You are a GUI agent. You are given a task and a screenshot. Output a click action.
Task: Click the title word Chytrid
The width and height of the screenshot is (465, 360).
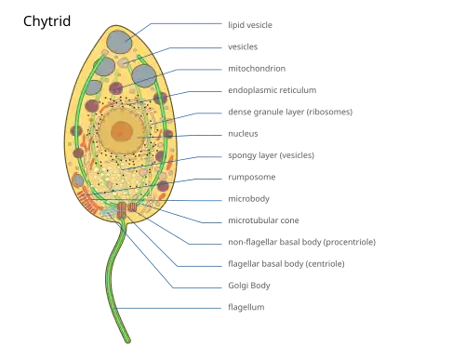pos(47,21)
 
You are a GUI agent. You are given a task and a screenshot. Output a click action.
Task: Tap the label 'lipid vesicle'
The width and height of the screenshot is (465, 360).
pos(250,25)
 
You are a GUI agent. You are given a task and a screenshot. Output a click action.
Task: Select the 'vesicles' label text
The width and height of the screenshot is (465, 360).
pos(243,47)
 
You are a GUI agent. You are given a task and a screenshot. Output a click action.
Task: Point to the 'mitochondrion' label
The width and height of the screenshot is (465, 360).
pos(257,69)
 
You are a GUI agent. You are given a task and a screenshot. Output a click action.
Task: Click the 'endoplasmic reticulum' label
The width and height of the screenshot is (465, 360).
pos(272,90)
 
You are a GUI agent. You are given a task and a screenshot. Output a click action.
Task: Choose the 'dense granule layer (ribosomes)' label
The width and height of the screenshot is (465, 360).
pos(290,112)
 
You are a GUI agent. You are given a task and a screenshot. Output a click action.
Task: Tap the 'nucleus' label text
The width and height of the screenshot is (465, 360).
pos(243,134)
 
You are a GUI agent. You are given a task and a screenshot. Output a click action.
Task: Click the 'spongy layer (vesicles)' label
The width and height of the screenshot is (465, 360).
pos(272,155)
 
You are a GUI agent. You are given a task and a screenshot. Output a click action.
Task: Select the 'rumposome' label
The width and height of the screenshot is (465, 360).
pos(252,178)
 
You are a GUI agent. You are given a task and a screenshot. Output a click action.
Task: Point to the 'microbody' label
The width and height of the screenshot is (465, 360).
pos(248,199)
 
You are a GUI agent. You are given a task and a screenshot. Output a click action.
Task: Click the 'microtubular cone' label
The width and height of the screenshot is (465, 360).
pos(263,220)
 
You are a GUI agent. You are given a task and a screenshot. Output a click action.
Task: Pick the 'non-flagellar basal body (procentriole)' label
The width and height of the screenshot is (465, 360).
pos(301,242)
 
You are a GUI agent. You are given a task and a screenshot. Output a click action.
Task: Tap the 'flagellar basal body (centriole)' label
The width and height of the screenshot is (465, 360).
pos(286,264)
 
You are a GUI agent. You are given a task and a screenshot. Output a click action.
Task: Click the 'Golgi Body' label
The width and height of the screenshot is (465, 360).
pos(249,286)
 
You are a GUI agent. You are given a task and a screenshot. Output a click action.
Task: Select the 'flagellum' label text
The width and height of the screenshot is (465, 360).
pos(246,307)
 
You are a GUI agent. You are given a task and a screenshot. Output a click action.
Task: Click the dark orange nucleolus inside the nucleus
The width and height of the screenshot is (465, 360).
pos(122,131)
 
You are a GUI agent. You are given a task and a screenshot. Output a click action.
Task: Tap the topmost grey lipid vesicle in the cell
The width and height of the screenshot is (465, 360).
pos(120,42)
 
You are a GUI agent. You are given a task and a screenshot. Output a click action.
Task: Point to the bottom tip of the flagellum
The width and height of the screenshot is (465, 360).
pos(128,341)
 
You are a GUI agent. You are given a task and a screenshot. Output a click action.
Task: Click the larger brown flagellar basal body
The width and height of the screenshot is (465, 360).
pos(122,209)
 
